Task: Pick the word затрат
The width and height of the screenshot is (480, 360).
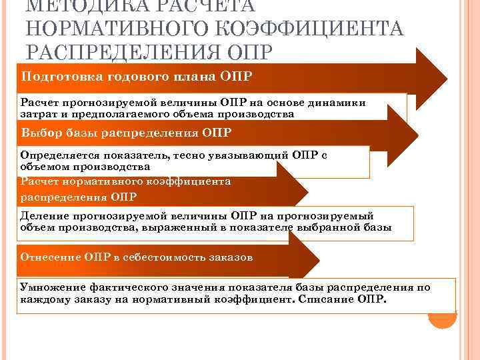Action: click(37, 114)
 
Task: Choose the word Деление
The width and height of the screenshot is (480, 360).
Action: click(43, 216)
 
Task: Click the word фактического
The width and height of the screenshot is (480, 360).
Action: click(133, 287)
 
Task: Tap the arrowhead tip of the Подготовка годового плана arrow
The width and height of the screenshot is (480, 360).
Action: click(445, 74)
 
